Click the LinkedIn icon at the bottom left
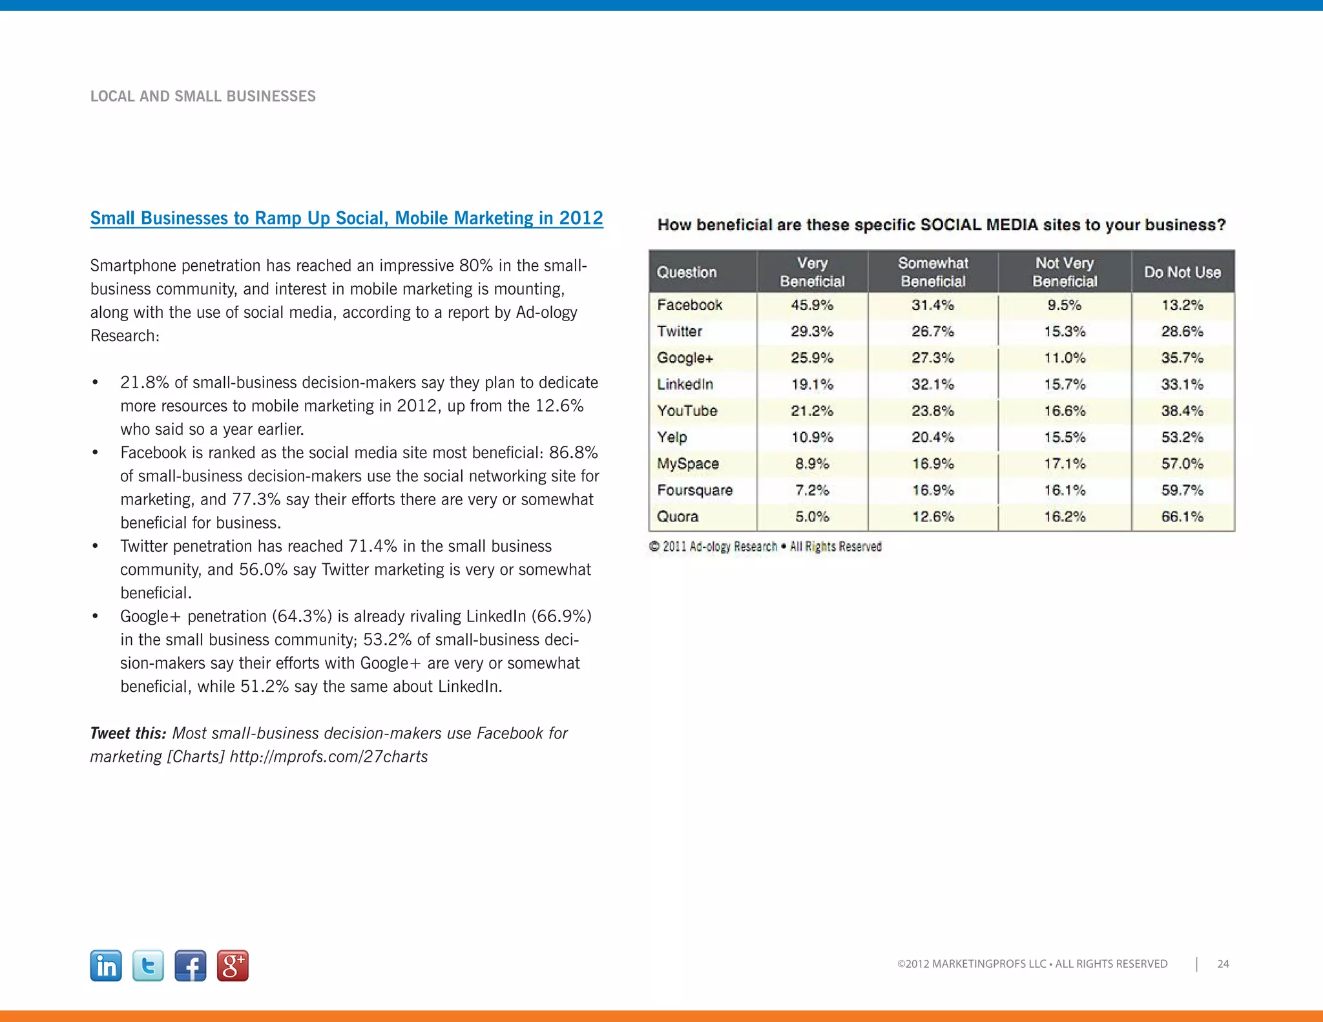pyautogui.click(x=106, y=966)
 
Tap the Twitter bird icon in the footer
pyautogui.click(x=148, y=966)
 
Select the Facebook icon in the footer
pyautogui.click(x=191, y=966)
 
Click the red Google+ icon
pyautogui.click(x=233, y=966)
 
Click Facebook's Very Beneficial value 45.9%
pyautogui.click(x=812, y=305)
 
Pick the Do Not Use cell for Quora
pyautogui.click(x=1182, y=517)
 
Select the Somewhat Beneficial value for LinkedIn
pyautogui.click(x=933, y=384)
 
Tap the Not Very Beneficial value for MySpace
pyautogui.click(x=1065, y=464)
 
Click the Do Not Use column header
pyautogui.click(x=1182, y=272)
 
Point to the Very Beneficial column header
pyautogui.click(x=812, y=272)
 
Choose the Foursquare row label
pyautogui.click(x=694, y=490)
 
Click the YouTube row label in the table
pyautogui.click(x=687, y=411)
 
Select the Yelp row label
pyautogui.click(x=672, y=437)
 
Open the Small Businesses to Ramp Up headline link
pyautogui.click(x=346, y=218)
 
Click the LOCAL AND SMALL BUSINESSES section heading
pyautogui.click(x=203, y=96)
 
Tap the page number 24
pyautogui.click(x=1223, y=964)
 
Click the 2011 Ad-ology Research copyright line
pyautogui.click(x=766, y=547)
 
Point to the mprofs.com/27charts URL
pyautogui.click(x=329, y=756)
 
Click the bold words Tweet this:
pyautogui.click(x=128, y=733)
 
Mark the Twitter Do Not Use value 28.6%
pyautogui.click(x=1182, y=331)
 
